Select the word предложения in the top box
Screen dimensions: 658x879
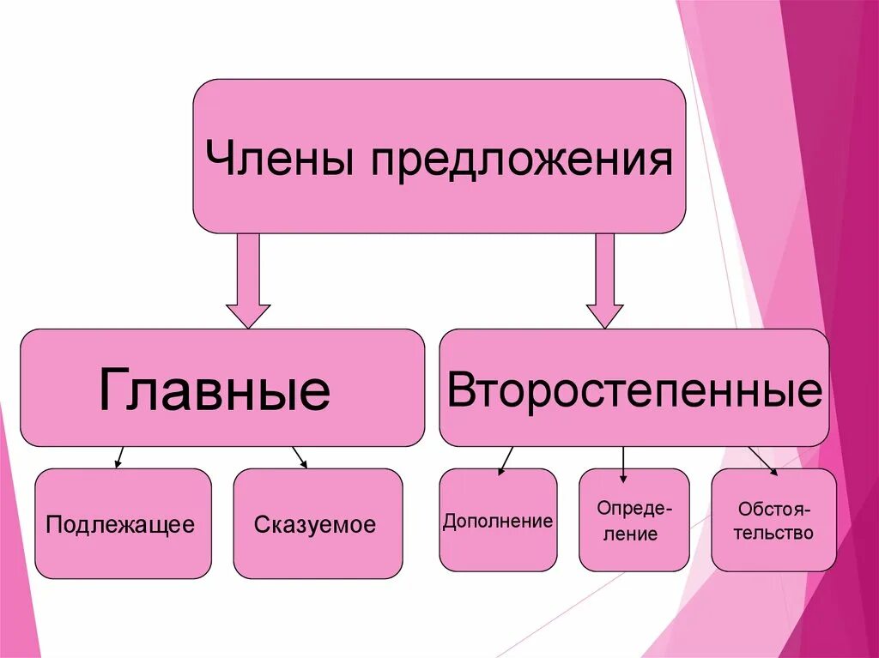pyautogui.click(x=521, y=161)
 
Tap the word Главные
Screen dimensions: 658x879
pyautogui.click(x=214, y=390)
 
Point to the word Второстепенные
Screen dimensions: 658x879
pyautogui.click(x=634, y=390)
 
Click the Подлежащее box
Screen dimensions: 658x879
pyautogui.click(x=123, y=523)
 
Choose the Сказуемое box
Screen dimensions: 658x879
pyautogui.click(x=318, y=523)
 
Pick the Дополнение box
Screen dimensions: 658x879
pyautogui.click(x=498, y=521)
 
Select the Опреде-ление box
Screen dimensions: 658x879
pyautogui.click(x=634, y=521)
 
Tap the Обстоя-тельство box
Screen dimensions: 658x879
pyautogui.click(x=773, y=521)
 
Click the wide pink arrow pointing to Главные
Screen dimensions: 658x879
pyautogui.click(x=248, y=283)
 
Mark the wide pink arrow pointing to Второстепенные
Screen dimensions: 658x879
pyautogui.click(x=605, y=283)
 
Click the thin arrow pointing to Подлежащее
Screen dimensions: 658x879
pyautogui.click(x=120, y=457)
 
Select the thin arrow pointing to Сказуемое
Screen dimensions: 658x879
pyautogui.click(x=300, y=457)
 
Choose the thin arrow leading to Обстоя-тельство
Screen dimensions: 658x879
pyautogui.click(x=762, y=461)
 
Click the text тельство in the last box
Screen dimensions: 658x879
pyautogui.click(x=773, y=533)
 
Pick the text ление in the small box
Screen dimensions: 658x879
pyautogui.click(x=636, y=534)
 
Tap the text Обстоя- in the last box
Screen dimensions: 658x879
pyautogui.click(x=773, y=509)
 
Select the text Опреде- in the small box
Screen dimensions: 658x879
pyautogui.click(x=635, y=509)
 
